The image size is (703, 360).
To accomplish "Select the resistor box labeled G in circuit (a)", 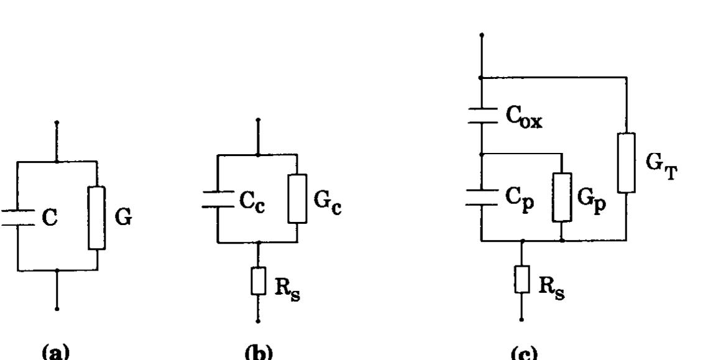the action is (97, 218).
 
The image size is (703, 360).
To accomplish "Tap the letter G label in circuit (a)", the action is (124, 218).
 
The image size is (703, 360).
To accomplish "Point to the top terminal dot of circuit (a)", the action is (57, 122).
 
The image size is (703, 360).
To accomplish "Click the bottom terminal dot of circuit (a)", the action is (57, 308).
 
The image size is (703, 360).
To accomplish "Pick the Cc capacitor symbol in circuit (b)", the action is (218, 200).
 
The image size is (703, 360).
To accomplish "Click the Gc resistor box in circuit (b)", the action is (297, 198).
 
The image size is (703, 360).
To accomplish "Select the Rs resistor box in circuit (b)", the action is (258, 280).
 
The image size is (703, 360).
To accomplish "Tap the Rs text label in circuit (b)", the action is (287, 289).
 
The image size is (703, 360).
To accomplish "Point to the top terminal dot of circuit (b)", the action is (258, 120).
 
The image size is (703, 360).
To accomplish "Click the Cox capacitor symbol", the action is (482, 115).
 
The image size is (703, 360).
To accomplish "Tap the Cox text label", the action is (524, 118).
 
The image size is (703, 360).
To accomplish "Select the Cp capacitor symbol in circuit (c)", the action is (482, 197).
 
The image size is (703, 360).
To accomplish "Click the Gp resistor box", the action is (563, 197).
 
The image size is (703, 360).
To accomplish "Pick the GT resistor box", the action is (627, 163).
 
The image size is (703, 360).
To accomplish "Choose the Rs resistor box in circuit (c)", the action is (522, 279).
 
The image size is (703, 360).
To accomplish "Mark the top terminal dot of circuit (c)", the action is (482, 35).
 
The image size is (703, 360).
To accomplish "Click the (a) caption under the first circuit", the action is (55, 353).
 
